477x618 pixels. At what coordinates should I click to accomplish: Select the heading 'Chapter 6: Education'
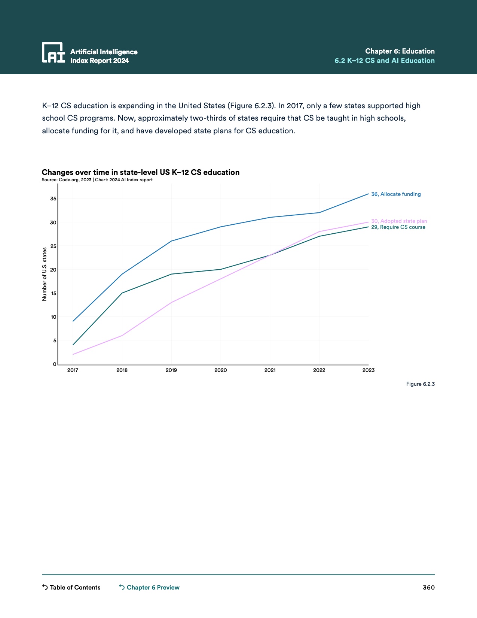[400, 51]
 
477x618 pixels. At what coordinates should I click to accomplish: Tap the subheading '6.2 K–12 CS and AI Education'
[385, 61]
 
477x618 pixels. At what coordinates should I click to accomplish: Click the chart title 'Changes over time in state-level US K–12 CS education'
[140, 172]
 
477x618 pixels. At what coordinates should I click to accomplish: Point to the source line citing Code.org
[97, 180]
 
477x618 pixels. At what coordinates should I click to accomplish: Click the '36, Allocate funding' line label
[396, 194]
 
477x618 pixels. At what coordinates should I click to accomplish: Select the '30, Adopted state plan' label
[399, 221]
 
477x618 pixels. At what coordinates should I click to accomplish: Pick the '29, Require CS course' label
[398, 227]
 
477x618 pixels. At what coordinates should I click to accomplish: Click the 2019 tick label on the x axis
[171, 370]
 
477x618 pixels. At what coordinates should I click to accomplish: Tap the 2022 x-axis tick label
[319, 370]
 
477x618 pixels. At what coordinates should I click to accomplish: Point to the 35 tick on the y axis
[53, 199]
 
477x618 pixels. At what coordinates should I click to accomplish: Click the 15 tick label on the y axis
[53, 293]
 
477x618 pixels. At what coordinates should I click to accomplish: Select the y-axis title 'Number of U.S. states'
[45, 274]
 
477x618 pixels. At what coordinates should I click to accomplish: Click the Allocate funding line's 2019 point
[171, 241]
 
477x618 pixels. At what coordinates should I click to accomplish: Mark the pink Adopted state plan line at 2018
[122, 336]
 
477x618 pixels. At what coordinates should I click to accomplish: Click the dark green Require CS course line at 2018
[122, 293]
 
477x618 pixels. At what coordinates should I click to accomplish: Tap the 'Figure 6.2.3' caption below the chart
[420, 384]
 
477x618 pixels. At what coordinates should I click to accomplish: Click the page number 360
[429, 587]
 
